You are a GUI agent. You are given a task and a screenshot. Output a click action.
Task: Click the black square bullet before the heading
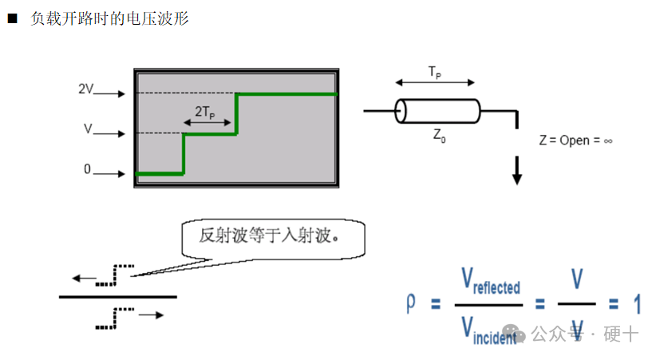[x=12, y=18]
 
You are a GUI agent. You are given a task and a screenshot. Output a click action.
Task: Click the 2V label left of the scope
[x=85, y=89]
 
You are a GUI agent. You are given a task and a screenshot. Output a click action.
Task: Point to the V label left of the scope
[x=88, y=128]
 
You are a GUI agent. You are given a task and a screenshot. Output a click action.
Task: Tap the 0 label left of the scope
[x=87, y=169]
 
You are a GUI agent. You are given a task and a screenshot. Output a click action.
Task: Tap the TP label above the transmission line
[x=435, y=73]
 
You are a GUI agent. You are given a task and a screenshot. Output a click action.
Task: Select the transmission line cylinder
[x=437, y=111]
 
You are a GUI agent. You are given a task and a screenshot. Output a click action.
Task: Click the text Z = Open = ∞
[x=575, y=140]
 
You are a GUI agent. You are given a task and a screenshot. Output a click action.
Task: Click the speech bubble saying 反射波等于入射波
[x=271, y=236]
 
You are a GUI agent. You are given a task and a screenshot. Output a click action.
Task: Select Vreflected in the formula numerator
[x=490, y=282]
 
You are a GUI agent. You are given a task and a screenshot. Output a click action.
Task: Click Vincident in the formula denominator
[x=489, y=328]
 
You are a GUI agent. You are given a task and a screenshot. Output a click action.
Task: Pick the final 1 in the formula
[x=637, y=304]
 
